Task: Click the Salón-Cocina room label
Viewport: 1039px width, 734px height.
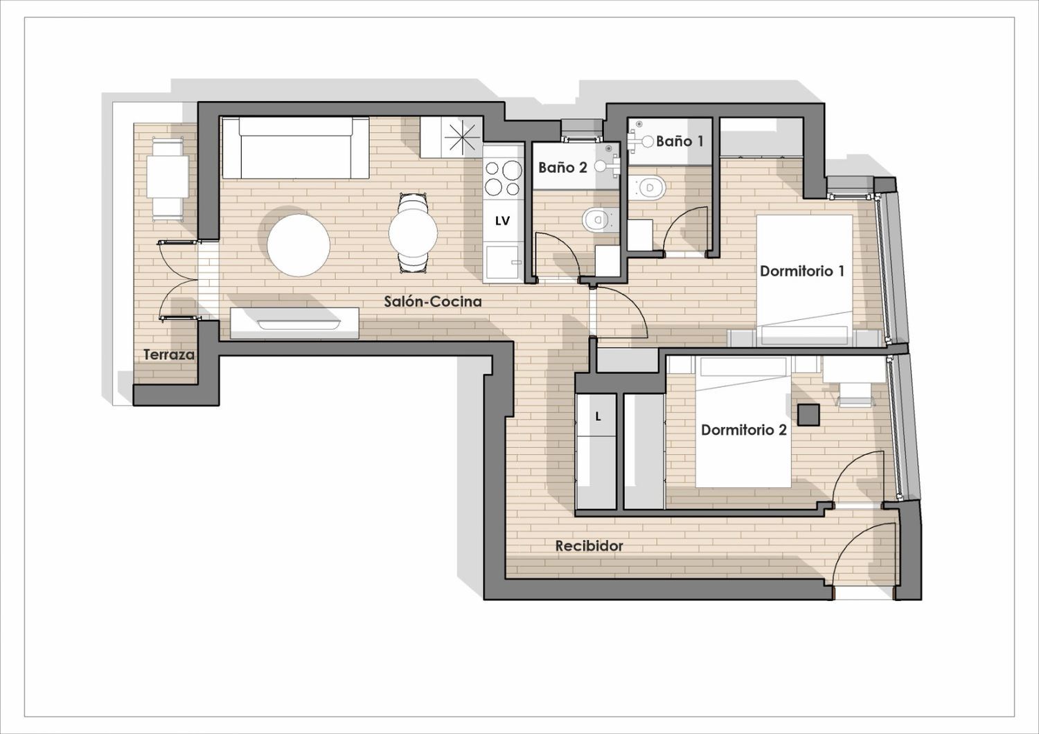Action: coord(433,302)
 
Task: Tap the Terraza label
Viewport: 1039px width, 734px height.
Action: coord(169,355)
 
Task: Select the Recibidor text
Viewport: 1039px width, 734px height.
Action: coord(589,546)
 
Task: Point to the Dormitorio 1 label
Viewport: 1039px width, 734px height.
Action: coord(802,271)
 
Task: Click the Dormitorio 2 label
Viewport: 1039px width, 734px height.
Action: coord(744,430)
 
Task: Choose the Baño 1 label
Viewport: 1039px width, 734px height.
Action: coord(680,141)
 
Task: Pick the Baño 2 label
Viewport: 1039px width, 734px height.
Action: coord(562,168)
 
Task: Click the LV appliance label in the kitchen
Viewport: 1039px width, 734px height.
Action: coord(502,221)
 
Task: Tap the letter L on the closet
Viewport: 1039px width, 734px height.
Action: coord(598,417)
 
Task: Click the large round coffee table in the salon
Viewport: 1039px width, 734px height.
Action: coord(299,245)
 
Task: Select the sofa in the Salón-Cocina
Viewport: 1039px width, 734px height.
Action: coord(296,148)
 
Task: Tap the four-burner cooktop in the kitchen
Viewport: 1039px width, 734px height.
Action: coord(503,177)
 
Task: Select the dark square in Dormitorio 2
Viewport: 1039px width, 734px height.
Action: coord(808,415)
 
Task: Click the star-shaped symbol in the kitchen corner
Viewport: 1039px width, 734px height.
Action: coord(461,137)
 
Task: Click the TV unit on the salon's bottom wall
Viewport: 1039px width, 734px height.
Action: coord(294,323)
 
